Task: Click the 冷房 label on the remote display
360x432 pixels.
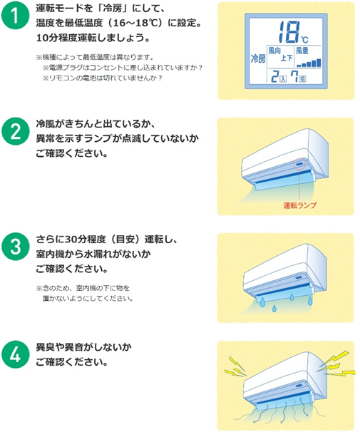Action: point(259,58)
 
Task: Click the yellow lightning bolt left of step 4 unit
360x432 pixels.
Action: point(234,365)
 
